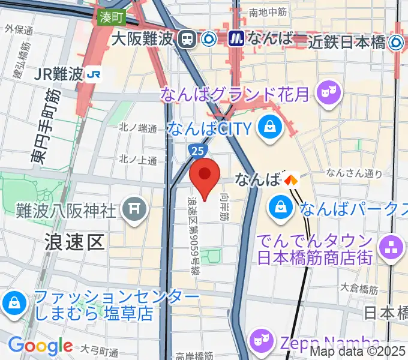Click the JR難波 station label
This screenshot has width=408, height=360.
[59, 74]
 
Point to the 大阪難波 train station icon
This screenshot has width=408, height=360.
[187, 40]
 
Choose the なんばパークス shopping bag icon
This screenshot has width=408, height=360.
[280, 208]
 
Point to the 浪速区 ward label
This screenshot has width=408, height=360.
[75, 241]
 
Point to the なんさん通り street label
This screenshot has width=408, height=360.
[354, 173]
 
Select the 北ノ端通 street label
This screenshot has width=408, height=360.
[137, 128]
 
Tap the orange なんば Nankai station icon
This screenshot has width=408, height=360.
[292, 179]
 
